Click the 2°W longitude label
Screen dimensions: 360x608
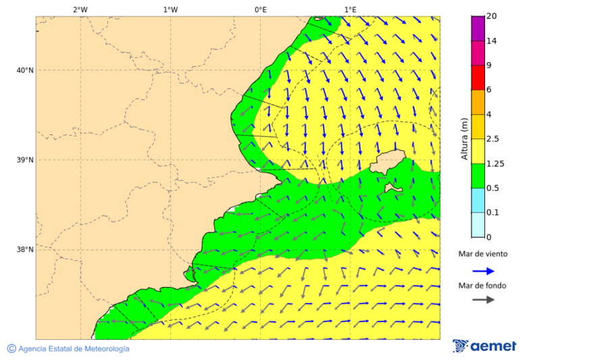coord(80,9)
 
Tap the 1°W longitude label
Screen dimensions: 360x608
coord(170,9)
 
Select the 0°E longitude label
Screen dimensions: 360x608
coord(260,9)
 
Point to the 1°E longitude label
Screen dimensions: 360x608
coord(350,9)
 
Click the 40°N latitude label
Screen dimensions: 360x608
coord(24,70)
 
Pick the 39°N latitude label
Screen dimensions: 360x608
coord(24,160)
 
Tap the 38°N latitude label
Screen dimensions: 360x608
coord(24,250)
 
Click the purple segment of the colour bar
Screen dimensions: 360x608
coord(478,28)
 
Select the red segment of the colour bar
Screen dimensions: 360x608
coord(478,77)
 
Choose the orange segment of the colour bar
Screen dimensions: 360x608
coord(478,102)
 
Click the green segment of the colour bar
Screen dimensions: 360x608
coord(478,176)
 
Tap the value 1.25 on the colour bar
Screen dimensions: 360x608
coord(496,163)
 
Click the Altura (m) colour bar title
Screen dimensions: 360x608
coord(464,138)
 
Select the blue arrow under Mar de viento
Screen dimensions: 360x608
coord(483,271)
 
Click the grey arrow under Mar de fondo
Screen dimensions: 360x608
coord(483,300)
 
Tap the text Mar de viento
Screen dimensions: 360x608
coord(482,255)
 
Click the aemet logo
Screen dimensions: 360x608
coord(484,346)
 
